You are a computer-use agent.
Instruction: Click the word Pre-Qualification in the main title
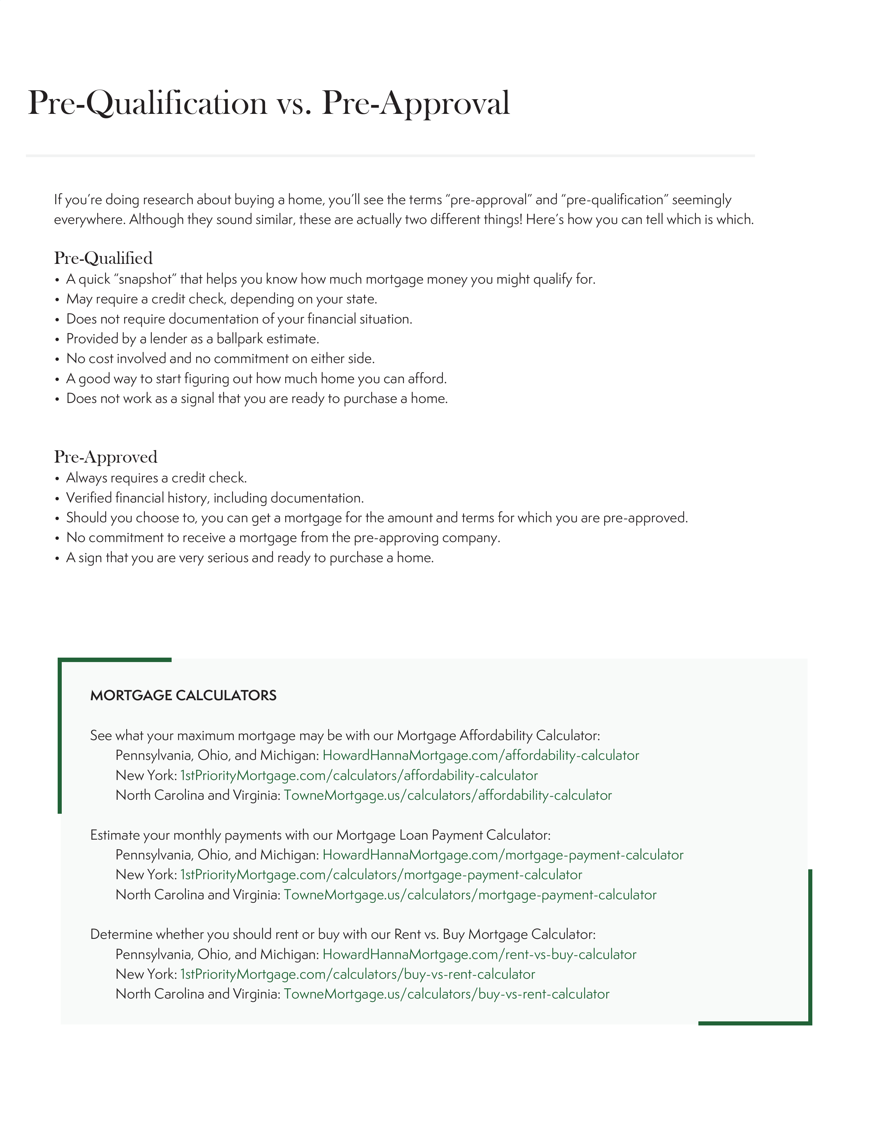147,104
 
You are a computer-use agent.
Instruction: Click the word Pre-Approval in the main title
416,104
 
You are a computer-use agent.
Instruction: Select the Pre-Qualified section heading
103,258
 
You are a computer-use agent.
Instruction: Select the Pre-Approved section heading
106,457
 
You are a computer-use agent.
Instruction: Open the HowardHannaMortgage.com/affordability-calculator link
480,756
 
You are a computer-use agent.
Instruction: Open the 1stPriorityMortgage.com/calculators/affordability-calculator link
359,776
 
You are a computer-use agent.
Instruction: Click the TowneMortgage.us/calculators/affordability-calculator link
447,795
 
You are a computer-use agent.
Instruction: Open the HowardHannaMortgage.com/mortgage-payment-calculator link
503,855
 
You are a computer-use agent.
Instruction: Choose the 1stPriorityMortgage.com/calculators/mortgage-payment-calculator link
381,875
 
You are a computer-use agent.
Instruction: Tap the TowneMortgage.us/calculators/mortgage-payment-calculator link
470,895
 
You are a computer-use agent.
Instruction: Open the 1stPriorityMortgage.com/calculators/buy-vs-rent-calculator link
358,975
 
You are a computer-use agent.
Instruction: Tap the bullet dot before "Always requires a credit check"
57,479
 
